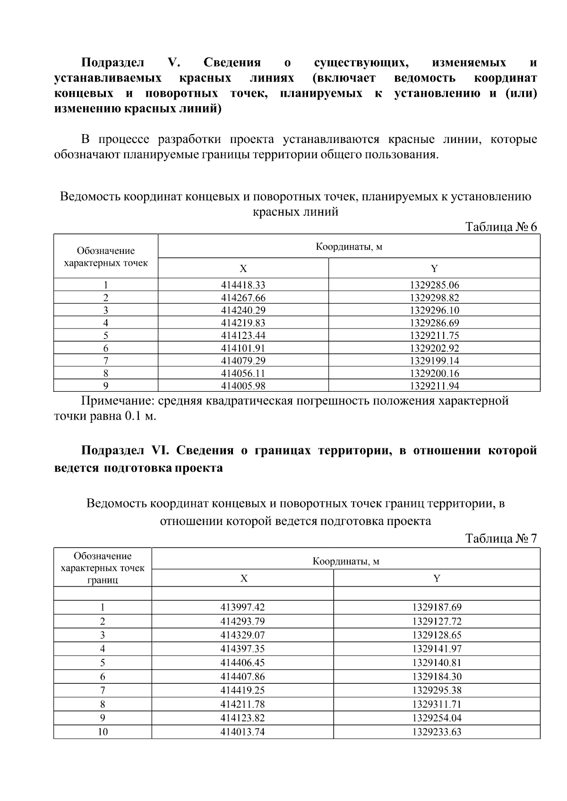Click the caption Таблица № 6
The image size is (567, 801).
(501, 227)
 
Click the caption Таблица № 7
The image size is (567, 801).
(501, 539)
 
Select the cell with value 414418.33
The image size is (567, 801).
(243, 285)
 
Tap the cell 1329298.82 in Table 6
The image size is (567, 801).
(434, 298)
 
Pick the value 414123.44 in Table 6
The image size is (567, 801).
(243, 336)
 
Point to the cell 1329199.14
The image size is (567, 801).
(434, 361)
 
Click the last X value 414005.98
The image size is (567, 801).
(243, 386)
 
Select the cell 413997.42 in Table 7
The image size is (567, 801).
(242, 607)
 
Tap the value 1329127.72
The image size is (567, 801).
(437, 621)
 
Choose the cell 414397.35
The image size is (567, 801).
(242, 649)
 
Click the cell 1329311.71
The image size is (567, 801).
(437, 704)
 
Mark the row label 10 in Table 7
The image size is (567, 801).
(103, 732)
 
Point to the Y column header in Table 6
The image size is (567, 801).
(434, 269)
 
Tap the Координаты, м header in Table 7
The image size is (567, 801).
(346, 561)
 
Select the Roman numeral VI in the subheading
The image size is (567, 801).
(161, 451)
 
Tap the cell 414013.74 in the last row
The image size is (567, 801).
(242, 732)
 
